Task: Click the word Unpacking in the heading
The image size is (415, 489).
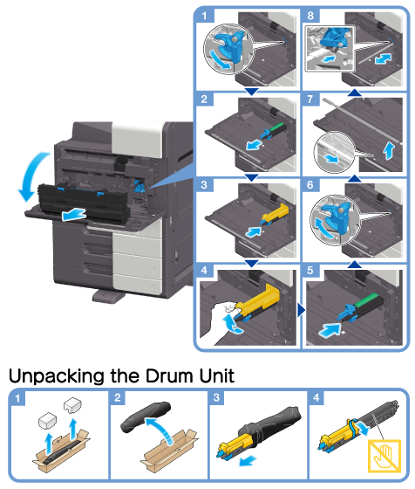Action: pyautogui.click(x=57, y=377)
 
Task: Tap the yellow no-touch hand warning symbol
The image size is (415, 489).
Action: pyautogui.click(x=384, y=456)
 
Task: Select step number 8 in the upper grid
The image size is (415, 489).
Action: pyautogui.click(x=310, y=16)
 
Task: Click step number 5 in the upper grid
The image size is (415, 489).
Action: pyautogui.click(x=310, y=271)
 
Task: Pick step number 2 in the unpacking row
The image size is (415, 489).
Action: pyautogui.click(x=118, y=398)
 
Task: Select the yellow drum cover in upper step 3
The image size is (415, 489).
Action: pyautogui.click(x=276, y=213)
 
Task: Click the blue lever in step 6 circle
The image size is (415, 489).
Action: pyautogui.click(x=337, y=217)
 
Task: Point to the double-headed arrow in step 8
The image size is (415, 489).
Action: pyautogui.click(x=383, y=59)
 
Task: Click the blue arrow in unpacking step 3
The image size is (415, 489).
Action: pyautogui.click(x=248, y=461)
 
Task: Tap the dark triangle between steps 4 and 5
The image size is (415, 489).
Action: pyautogui.click(x=301, y=310)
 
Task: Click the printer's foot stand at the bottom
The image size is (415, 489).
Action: pyautogui.click(x=108, y=296)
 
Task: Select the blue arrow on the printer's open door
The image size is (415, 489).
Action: pyautogui.click(x=73, y=215)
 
